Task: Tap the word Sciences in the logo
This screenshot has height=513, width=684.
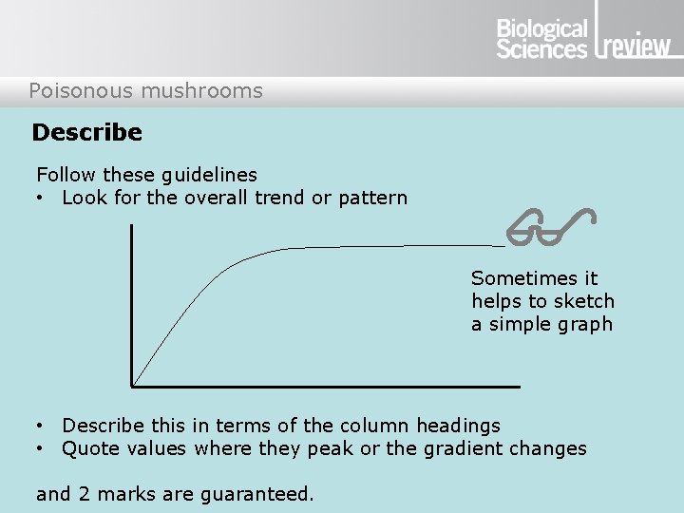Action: (542, 48)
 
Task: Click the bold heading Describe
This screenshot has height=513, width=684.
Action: (87, 133)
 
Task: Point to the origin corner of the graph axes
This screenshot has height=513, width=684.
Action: (133, 386)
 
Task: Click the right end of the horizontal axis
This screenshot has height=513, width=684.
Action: (520, 386)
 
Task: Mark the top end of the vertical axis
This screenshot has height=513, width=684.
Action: (133, 226)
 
